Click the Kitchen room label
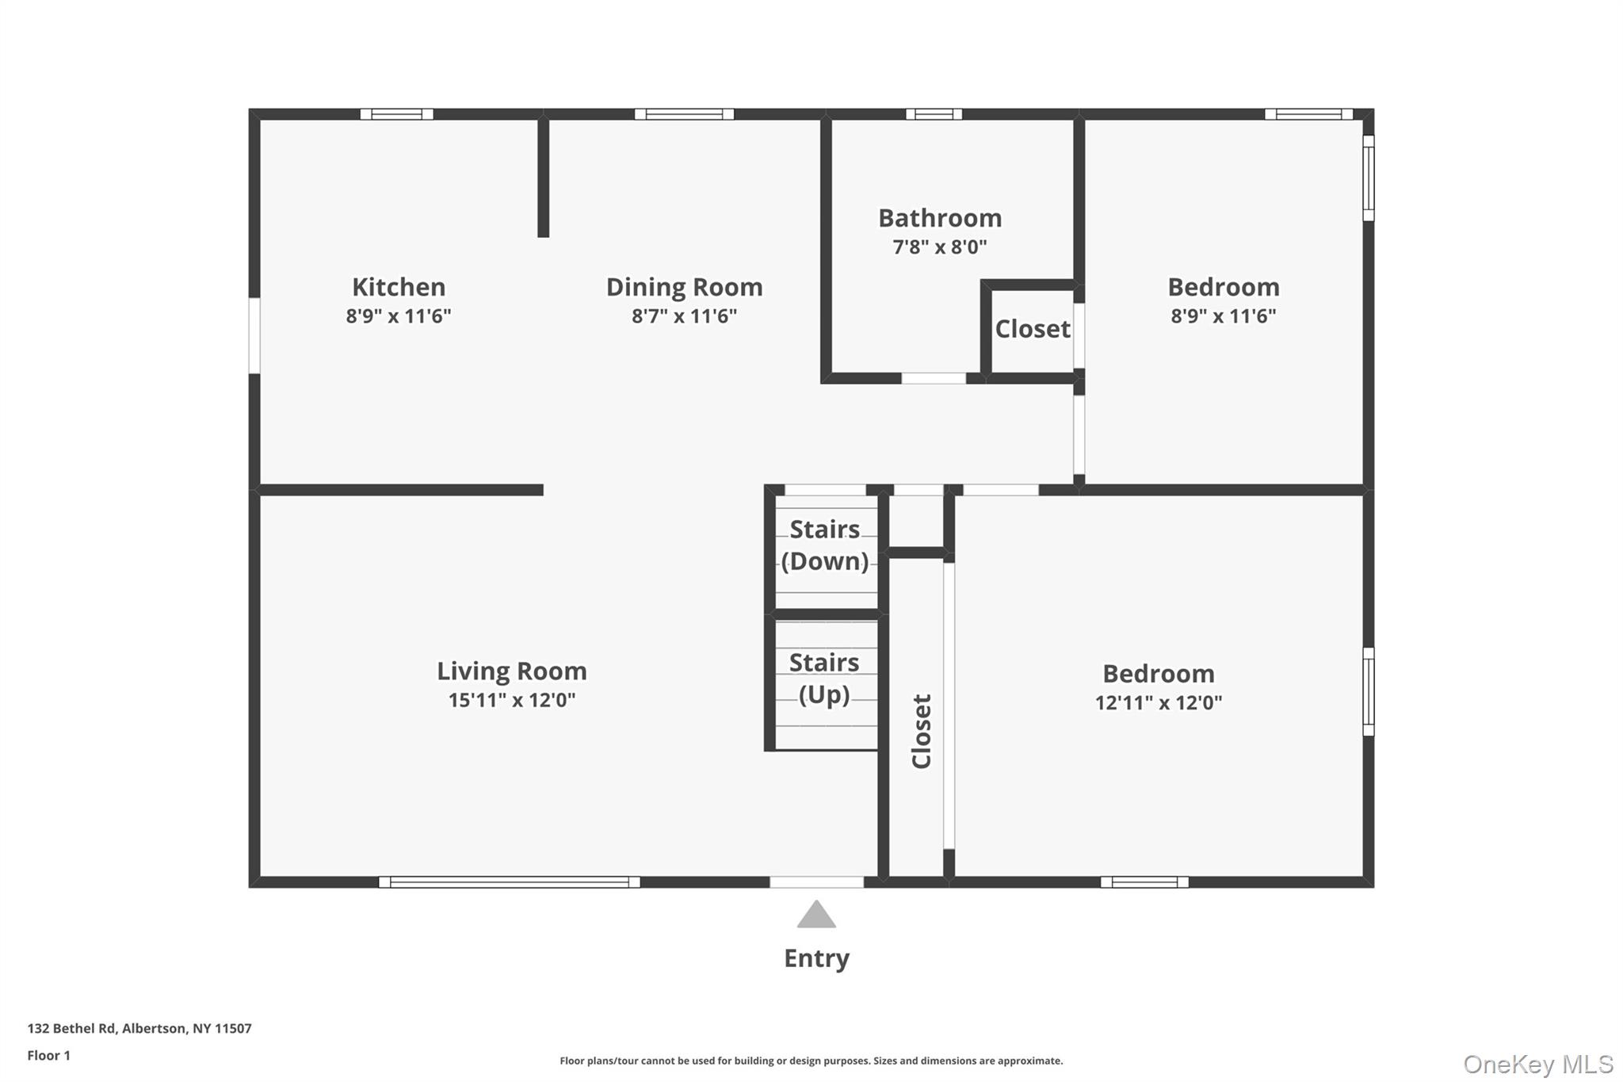click(399, 287)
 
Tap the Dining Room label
click(684, 287)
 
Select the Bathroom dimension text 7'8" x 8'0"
click(940, 247)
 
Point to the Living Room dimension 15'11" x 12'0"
click(512, 700)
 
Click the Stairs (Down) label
click(825, 545)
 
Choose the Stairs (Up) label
click(824, 679)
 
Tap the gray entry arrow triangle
click(816, 916)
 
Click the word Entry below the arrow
click(816, 958)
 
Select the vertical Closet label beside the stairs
click(921, 731)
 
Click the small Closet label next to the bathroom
click(1033, 329)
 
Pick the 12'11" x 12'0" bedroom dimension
click(1159, 702)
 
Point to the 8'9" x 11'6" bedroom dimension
click(1224, 316)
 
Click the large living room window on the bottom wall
click(510, 882)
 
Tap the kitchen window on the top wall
click(397, 114)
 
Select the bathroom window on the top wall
click(934, 114)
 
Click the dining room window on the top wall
click(684, 114)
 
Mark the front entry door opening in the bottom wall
click(816, 882)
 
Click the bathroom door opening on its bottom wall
click(934, 379)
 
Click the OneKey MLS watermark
click(1538, 1064)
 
